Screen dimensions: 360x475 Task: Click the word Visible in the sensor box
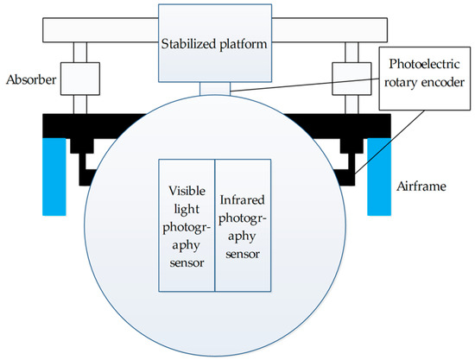pyautogui.click(x=186, y=191)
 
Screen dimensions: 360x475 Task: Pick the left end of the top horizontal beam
pyautogui.click(x=52, y=31)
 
